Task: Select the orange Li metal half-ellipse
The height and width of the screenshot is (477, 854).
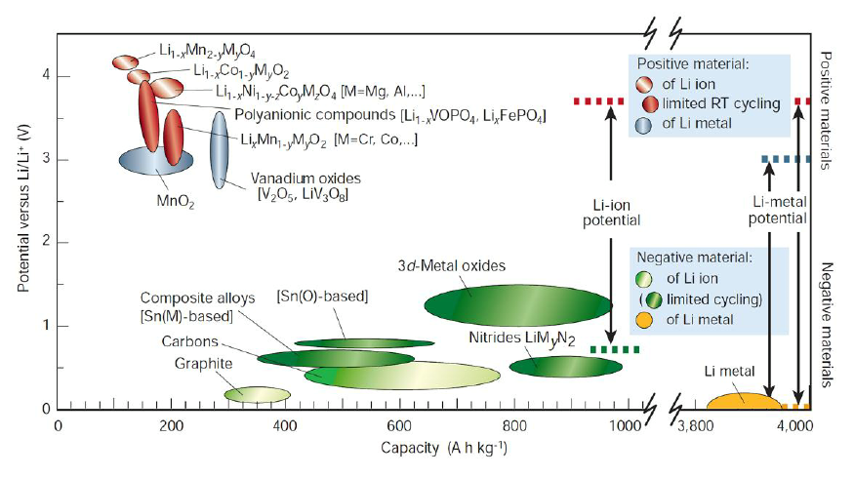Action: point(743,400)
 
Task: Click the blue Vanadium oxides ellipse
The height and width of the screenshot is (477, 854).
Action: point(219,150)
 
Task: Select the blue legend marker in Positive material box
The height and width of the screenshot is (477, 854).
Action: point(645,124)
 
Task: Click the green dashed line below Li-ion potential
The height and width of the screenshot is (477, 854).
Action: point(615,349)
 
